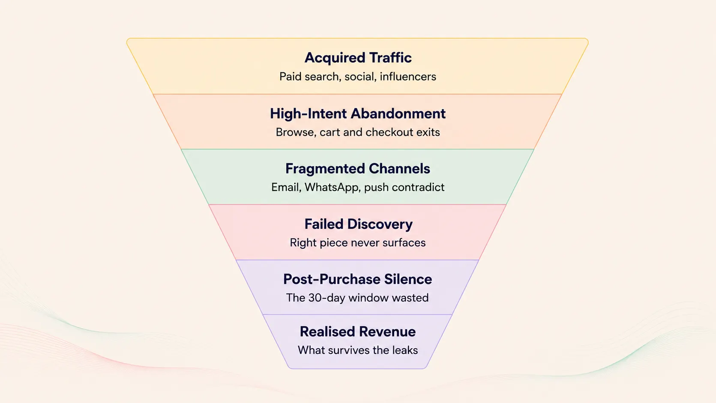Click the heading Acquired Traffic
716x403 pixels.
point(358,58)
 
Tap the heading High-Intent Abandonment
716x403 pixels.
point(358,114)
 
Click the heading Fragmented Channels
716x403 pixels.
point(358,169)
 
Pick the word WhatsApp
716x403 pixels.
point(332,187)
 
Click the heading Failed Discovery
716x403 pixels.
point(358,224)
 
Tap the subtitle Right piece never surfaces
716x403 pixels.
point(358,243)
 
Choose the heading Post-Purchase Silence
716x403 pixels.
point(358,279)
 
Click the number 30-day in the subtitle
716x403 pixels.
point(327,298)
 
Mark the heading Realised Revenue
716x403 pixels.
point(358,332)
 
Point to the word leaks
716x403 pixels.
point(405,350)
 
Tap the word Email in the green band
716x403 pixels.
point(286,187)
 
